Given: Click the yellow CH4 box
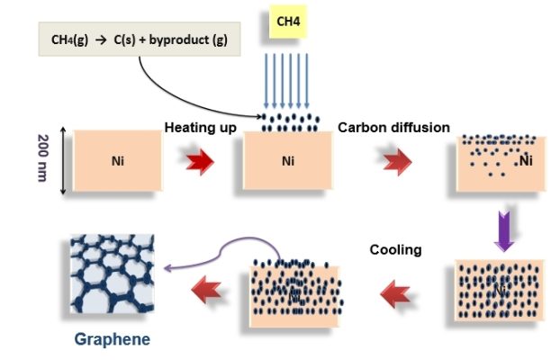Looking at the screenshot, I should [x=287, y=22].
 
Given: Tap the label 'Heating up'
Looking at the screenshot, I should [x=201, y=128].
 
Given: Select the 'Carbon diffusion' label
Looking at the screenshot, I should [x=393, y=128].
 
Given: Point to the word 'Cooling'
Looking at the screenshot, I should [x=396, y=249].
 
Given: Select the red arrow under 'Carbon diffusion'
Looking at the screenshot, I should [x=393, y=163].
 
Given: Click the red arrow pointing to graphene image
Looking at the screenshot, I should [x=202, y=290].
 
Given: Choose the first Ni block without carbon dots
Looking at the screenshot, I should [x=118, y=162].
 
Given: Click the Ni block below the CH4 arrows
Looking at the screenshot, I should [x=288, y=163].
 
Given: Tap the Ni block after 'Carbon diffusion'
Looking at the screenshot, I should [x=500, y=163].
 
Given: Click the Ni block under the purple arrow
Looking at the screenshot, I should [x=500, y=291].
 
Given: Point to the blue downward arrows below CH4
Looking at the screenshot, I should [x=287, y=80].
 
